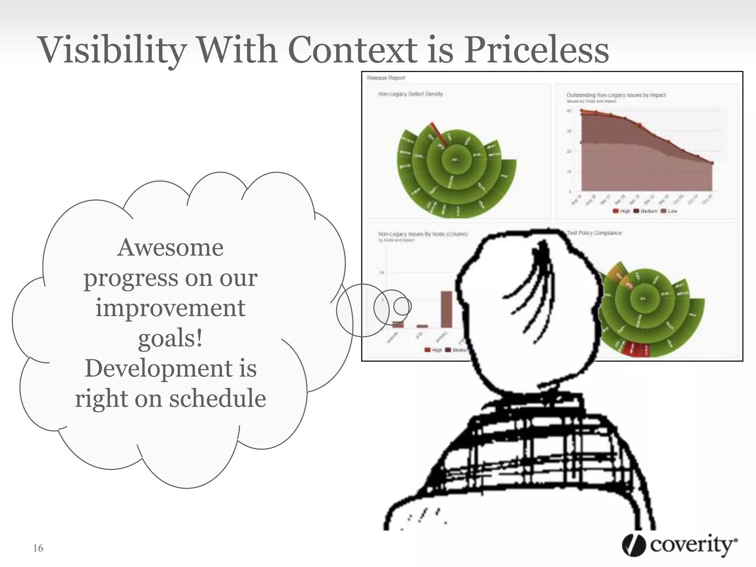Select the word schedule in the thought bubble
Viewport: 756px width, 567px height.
pyautogui.click(x=217, y=399)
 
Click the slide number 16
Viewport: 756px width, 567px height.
pyautogui.click(x=38, y=548)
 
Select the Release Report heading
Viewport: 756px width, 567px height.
pyautogui.click(x=386, y=78)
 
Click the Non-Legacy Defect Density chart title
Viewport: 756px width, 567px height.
pyautogui.click(x=410, y=94)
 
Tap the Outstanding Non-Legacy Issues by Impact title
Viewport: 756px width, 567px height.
pyautogui.click(x=616, y=95)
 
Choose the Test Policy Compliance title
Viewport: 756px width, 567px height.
pyautogui.click(x=594, y=233)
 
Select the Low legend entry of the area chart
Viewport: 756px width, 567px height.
pyautogui.click(x=669, y=211)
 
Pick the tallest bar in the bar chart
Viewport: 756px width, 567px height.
pyautogui.click(x=446, y=309)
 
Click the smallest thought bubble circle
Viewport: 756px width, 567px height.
pyautogui.click(x=402, y=306)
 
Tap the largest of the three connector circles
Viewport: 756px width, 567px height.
pyautogui.click(x=362, y=310)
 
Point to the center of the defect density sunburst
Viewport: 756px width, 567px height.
pyautogui.click(x=455, y=159)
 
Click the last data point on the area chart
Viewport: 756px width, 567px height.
pyautogui.click(x=712, y=163)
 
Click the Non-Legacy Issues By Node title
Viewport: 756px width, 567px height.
pyautogui.click(x=423, y=234)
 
